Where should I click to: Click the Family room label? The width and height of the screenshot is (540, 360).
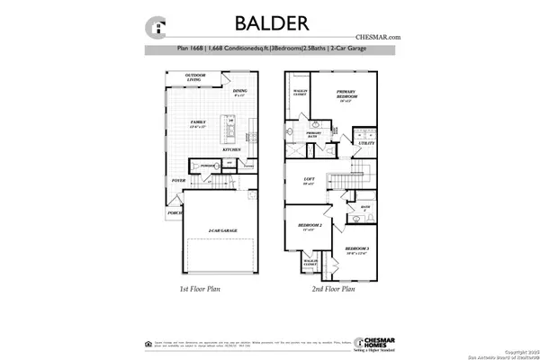(x=198, y=121)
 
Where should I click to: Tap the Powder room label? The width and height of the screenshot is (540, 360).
(x=206, y=166)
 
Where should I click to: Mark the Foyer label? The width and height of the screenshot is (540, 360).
(x=179, y=180)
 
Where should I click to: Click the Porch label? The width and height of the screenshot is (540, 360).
(x=175, y=213)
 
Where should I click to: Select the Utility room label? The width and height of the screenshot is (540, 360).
(x=365, y=143)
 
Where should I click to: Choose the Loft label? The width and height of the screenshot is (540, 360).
(x=309, y=181)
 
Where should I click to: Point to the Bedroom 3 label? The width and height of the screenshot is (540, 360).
(x=357, y=248)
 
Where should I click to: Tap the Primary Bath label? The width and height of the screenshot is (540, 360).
(x=314, y=134)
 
